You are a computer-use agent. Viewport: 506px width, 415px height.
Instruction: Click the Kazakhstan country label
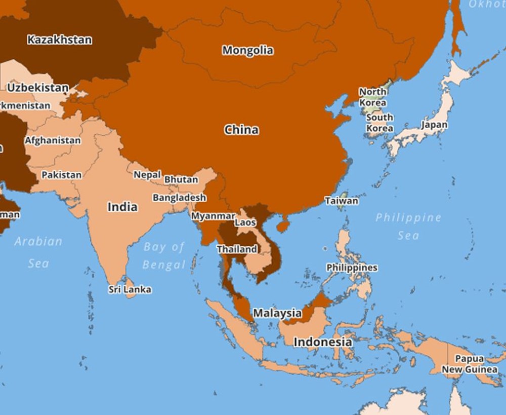click(60, 40)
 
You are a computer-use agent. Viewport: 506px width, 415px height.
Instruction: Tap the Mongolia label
click(248, 50)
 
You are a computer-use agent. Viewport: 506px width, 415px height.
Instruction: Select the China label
click(241, 130)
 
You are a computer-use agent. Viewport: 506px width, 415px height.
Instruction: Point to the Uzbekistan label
click(38, 88)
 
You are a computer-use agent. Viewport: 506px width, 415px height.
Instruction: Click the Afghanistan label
click(53, 140)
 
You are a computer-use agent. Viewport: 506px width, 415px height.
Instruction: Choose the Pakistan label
click(61, 175)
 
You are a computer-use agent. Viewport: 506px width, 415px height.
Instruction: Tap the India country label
click(122, 207)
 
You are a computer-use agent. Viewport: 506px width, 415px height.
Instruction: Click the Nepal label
click(147, 175)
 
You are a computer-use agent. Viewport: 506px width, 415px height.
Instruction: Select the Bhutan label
click(181, 180)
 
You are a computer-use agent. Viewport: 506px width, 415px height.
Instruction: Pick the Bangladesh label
click(180, 198)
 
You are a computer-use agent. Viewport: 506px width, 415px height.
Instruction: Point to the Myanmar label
click(213, 216)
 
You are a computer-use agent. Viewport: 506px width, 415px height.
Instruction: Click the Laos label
click(245, 222)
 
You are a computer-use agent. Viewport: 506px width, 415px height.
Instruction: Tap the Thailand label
click(237, 249)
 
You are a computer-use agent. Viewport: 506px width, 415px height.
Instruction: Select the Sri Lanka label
click(130, 290)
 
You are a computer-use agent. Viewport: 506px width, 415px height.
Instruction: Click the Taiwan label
click(342, 201)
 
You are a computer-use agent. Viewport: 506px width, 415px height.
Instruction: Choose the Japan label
click(434, 125)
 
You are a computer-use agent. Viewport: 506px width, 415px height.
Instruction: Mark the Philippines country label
click(352, 268)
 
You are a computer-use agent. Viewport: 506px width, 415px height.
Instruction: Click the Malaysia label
click(277, 313)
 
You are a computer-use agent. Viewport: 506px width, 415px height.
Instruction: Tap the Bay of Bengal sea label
click(164, 256)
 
